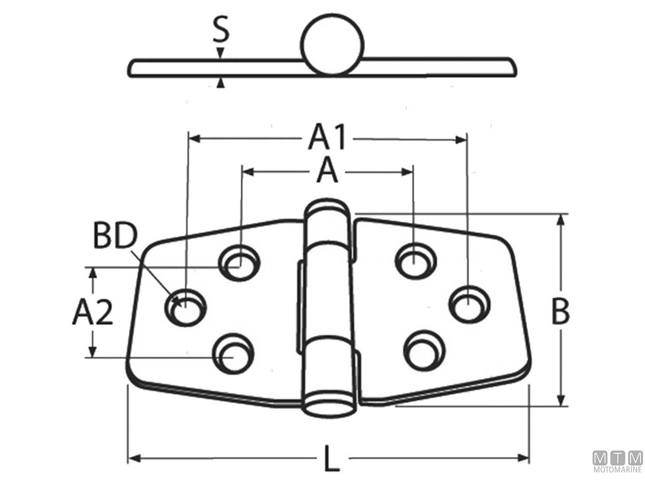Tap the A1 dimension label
326,137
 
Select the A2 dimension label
92,313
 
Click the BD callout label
115,235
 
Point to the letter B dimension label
561,311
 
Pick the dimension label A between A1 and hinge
327,170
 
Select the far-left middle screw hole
185,308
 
